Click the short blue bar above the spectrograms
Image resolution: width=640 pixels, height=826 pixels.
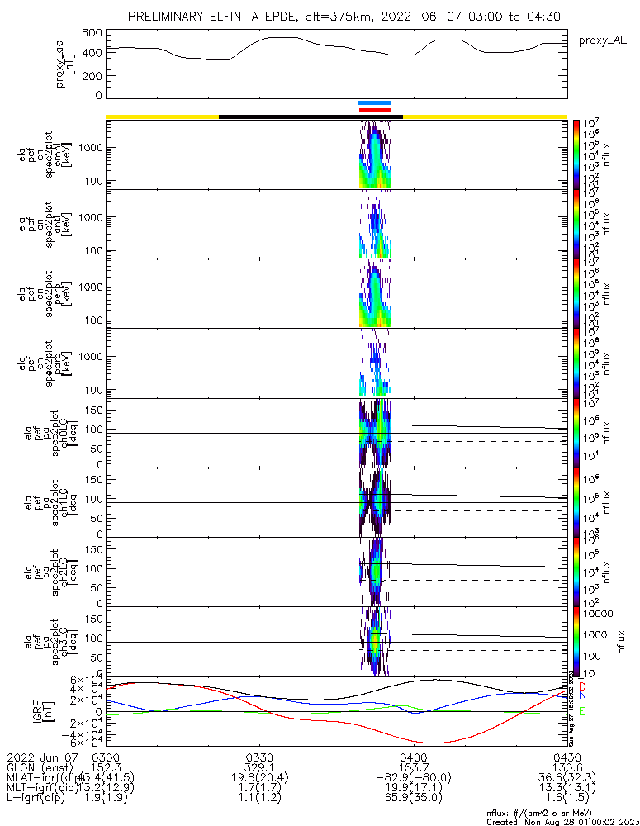point(374,102)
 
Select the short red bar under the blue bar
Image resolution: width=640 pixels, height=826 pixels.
point(374,110)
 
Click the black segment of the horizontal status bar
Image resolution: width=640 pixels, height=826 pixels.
point(311,116)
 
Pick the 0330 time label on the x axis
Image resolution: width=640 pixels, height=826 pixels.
point(259,757)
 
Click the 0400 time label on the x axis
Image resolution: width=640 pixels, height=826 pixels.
point(412,757)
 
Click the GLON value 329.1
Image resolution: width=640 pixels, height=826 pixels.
point(259,768)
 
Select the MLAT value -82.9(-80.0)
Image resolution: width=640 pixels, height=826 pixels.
point(412,779)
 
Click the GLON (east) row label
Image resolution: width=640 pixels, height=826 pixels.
point(40,768)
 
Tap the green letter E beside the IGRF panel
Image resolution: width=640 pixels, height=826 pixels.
point(581,711)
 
